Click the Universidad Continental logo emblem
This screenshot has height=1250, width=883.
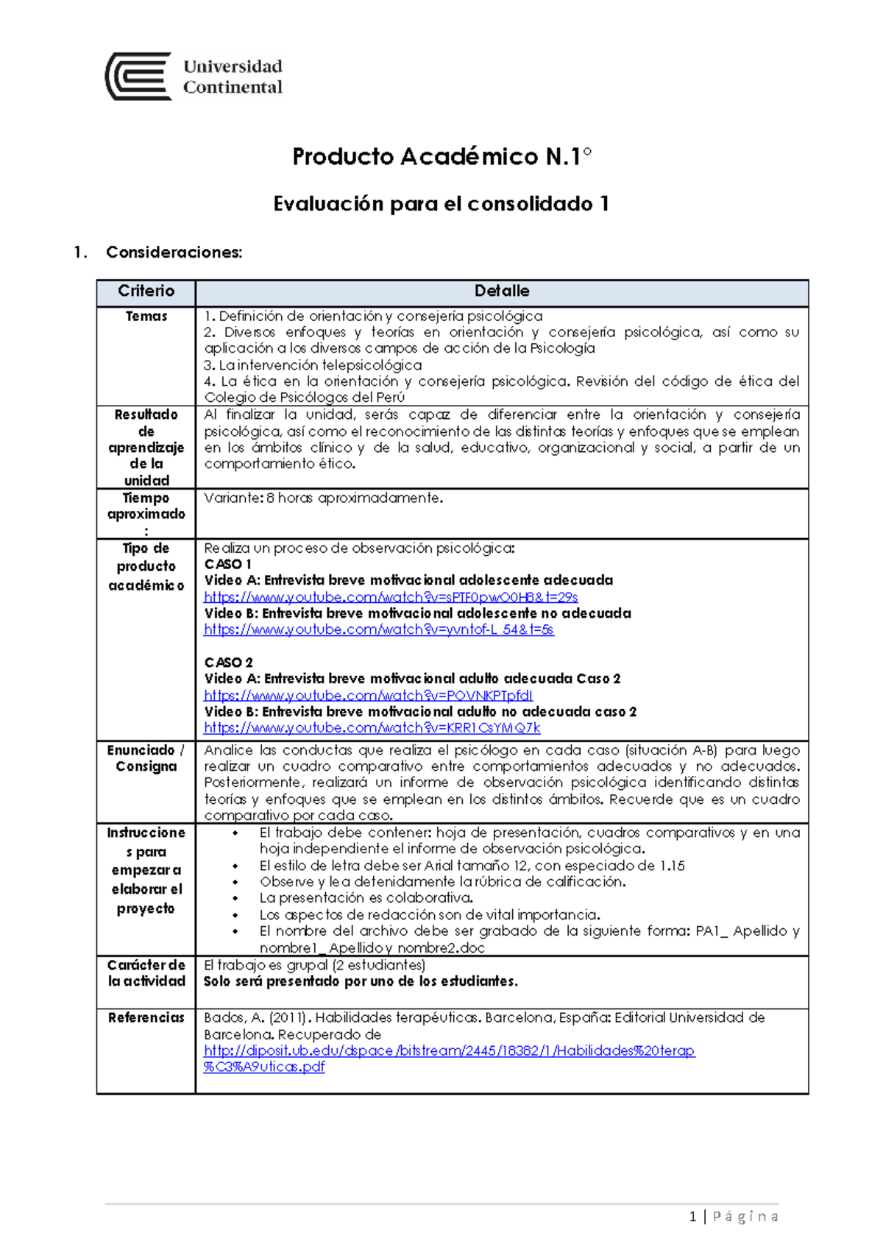(x=139, y=76)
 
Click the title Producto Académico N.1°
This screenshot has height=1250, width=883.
(x=441, y=157)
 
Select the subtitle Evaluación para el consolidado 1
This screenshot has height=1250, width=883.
(x=441, y=204)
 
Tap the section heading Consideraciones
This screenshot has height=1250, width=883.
(x=174, y=253)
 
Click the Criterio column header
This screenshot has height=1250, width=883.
(x=146, y=292)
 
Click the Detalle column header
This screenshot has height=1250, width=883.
(x=502, y=292)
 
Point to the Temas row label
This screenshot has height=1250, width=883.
(x=146, y=317)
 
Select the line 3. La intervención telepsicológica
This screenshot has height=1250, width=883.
(x=313, y=365)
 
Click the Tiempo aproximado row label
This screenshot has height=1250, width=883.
(x=146, y=506)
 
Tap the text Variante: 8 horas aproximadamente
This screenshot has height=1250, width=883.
(x=324, y=498)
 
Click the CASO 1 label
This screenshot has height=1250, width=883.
(x=227, y=564)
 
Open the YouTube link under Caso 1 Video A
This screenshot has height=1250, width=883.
(x=391, y=597)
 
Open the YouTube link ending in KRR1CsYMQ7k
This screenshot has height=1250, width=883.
(x=372, y=728)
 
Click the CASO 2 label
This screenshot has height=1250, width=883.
(x=228, y=663)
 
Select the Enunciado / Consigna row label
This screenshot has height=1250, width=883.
(x=146, y=758)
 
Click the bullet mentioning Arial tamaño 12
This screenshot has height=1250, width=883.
(x=472, y=866)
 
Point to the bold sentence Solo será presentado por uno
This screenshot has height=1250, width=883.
(x=361, y=981)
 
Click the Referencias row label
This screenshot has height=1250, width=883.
(x=146, y=1018)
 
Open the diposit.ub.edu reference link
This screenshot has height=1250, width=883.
(x=449, y=1051)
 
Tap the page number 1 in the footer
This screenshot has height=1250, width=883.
(x=692, y=1217)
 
